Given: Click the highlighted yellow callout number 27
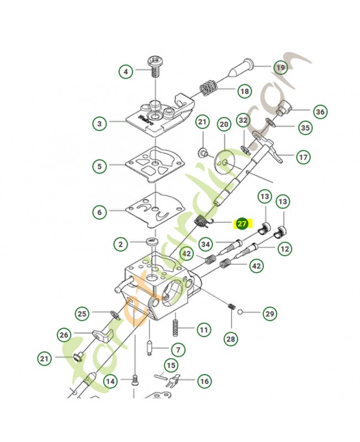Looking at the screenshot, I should point(242,224).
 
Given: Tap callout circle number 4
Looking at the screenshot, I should point(126,71).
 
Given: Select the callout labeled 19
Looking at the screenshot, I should point(280,68).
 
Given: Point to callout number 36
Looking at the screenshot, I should point(320,112).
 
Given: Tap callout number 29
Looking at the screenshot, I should point(269,314).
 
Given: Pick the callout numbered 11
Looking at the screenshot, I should point(204,330).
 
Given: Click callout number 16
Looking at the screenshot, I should point(204,381).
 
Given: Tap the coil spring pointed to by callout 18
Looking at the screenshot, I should point(208,87).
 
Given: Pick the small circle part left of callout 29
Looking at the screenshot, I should point(241,312).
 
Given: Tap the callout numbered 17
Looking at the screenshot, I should point(303,157).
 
